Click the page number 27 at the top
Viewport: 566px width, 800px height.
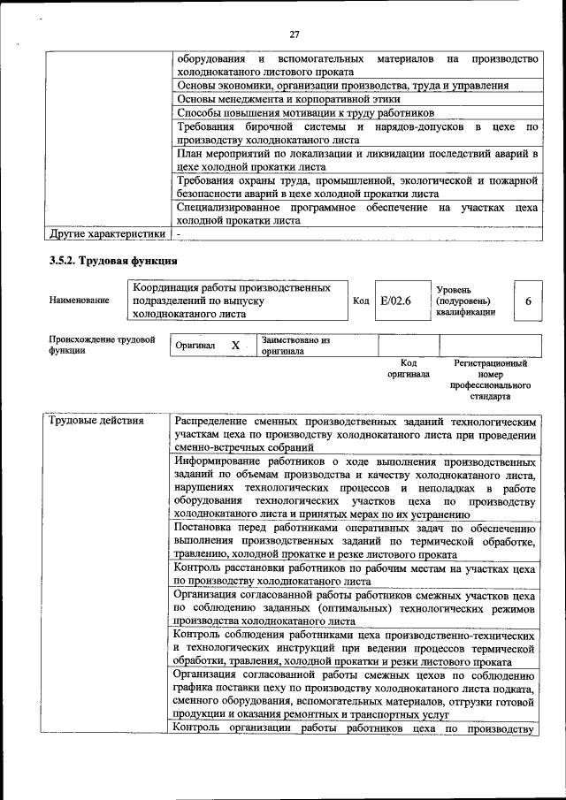[x=294, y=35]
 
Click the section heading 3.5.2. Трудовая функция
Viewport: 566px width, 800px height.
[x=112, y=261]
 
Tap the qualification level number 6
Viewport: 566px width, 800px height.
[x=528, y=301]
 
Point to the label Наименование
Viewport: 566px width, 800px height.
[x=80, y=301]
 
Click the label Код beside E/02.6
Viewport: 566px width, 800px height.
[x=361, y=301]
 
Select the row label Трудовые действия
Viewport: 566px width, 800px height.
[x=96, y=420]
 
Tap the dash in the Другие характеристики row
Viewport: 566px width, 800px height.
[x=179, y=234]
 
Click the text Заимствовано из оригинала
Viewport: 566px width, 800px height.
[x=294, y=346]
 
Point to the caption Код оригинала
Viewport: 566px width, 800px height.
[x=408, y=369]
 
